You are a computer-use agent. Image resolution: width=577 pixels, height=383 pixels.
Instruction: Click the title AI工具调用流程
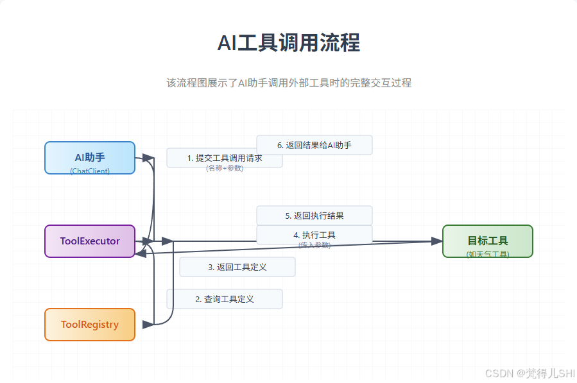288,43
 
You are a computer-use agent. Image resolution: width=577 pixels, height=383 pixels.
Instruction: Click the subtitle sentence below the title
288,83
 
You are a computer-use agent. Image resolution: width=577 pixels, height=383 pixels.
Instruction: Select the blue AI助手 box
90,157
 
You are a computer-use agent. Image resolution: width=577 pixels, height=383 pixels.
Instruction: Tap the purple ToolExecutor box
90,241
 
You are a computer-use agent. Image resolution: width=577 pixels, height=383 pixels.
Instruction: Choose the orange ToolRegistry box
90,325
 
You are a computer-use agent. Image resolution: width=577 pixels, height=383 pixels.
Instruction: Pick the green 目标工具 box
487,241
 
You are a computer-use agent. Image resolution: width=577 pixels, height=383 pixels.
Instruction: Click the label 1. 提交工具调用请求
224,157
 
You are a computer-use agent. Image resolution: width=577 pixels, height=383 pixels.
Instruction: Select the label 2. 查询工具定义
224,299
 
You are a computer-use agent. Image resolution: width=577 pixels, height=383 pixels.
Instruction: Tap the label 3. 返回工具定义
237,267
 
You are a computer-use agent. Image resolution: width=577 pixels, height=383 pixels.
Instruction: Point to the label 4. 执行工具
314,235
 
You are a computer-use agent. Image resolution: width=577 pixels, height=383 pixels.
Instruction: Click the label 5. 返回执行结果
314,216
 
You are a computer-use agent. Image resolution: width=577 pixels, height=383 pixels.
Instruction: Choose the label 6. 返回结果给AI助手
314,145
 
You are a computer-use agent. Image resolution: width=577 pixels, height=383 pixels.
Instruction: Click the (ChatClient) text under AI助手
90,171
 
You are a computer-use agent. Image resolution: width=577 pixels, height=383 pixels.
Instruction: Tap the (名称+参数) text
224,168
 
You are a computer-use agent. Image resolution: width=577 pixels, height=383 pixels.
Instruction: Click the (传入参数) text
314,245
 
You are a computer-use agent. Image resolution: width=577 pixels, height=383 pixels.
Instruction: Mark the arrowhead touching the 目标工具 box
436,241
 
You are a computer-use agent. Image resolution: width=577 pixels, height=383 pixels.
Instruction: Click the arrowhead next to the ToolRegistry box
148,325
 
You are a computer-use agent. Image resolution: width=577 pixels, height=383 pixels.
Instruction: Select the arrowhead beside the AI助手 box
148,158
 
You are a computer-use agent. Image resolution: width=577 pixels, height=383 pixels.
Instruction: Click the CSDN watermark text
530,373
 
